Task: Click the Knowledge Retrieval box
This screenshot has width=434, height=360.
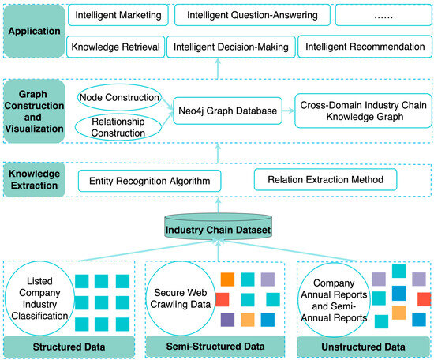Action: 115,47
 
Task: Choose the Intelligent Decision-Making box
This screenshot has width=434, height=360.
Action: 232,47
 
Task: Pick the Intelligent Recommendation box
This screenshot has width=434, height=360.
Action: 364,47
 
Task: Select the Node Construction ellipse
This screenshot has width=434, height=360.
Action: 117,97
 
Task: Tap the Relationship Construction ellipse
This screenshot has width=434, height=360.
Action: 117,127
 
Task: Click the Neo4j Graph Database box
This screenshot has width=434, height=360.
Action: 226,111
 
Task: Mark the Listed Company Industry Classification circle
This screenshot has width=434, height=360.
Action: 38,298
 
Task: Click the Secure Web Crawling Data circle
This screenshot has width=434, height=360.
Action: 182,298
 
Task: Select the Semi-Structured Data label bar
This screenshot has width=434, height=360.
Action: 215,346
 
